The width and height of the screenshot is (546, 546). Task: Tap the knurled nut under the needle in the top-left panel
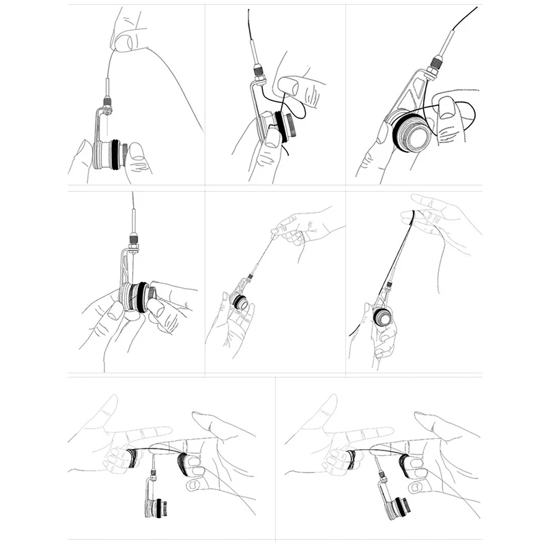(x=107, y=103)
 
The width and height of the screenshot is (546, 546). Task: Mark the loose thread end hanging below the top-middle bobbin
(x=287, y=154)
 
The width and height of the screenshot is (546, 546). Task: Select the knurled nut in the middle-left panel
(x=133, y=240)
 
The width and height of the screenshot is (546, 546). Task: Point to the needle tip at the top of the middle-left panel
(x=132, y=198)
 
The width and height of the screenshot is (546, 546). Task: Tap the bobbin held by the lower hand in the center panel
(x=239, y=300)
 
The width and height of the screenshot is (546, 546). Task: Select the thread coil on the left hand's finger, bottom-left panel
(x=131, y=458)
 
